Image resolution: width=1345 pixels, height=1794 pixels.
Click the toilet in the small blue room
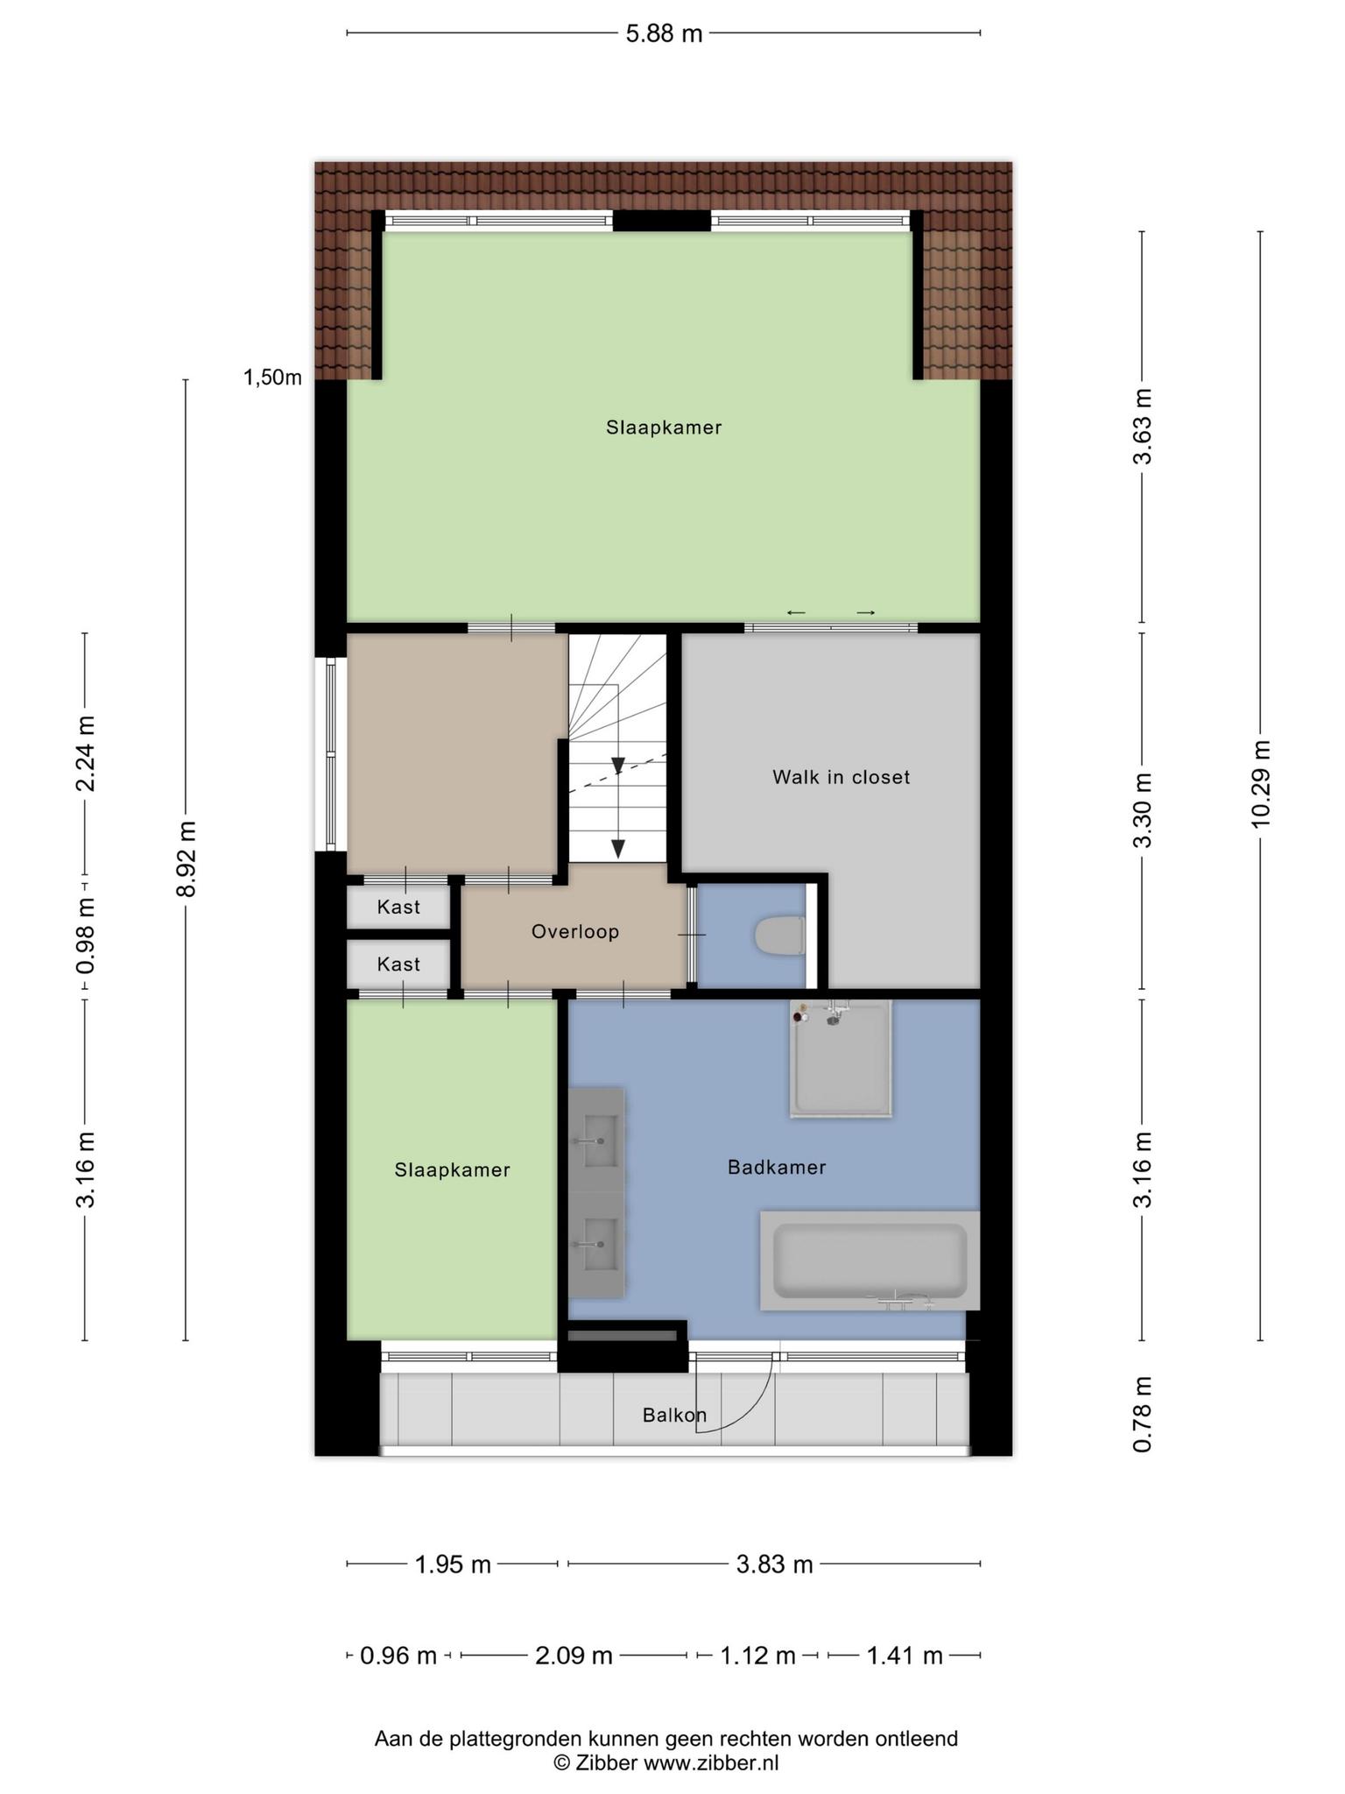tap(779, 936)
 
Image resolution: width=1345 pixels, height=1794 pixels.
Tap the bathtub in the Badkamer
tap(870, 1261)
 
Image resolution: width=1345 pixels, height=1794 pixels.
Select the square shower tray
tap(841, 1059)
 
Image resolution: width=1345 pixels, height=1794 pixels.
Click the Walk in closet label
tap(841, 777)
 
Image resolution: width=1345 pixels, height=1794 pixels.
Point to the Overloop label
tap(575, 931)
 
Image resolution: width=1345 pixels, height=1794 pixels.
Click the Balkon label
tap(674, 1415)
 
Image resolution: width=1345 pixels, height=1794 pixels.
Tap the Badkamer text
tap(777, 1167)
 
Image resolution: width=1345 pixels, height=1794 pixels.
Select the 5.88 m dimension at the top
tap(664, 34)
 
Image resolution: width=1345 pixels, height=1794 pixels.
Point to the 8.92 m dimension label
tap(186, 858)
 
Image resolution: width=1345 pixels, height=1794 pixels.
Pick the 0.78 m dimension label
tap(1142, 1414)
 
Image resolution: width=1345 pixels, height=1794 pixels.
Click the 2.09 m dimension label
tap(574, 1656)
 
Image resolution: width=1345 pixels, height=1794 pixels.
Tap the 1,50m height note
tap(272, 378)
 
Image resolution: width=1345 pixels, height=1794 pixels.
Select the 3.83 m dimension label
tap(774, 1564)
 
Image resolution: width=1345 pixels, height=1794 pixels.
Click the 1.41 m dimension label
tap(905, 1656)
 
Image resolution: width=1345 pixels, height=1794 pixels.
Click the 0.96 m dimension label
tap(398, 1656)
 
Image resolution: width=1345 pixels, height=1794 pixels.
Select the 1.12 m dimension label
tap(757, 1656)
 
